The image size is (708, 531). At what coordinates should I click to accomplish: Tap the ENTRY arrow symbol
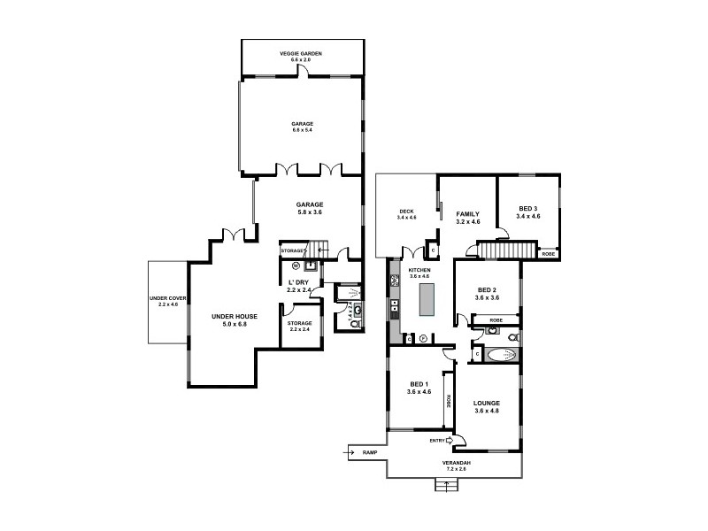(450, 440)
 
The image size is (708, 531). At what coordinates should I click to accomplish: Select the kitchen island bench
(427, 299)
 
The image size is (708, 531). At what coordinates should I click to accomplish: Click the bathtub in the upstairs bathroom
(501, 355)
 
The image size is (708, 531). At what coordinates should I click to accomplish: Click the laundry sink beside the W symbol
(311, 263)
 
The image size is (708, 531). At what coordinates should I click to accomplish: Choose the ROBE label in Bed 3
(549, 254)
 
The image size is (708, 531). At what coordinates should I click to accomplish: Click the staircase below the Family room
(507, 252)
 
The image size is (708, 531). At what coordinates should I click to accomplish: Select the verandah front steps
(441, 484)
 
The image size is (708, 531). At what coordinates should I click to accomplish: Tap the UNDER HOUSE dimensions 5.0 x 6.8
(234, 324)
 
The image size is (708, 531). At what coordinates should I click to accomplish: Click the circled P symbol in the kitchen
(423, 338)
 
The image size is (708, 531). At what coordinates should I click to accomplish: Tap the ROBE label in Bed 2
(496, 319)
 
